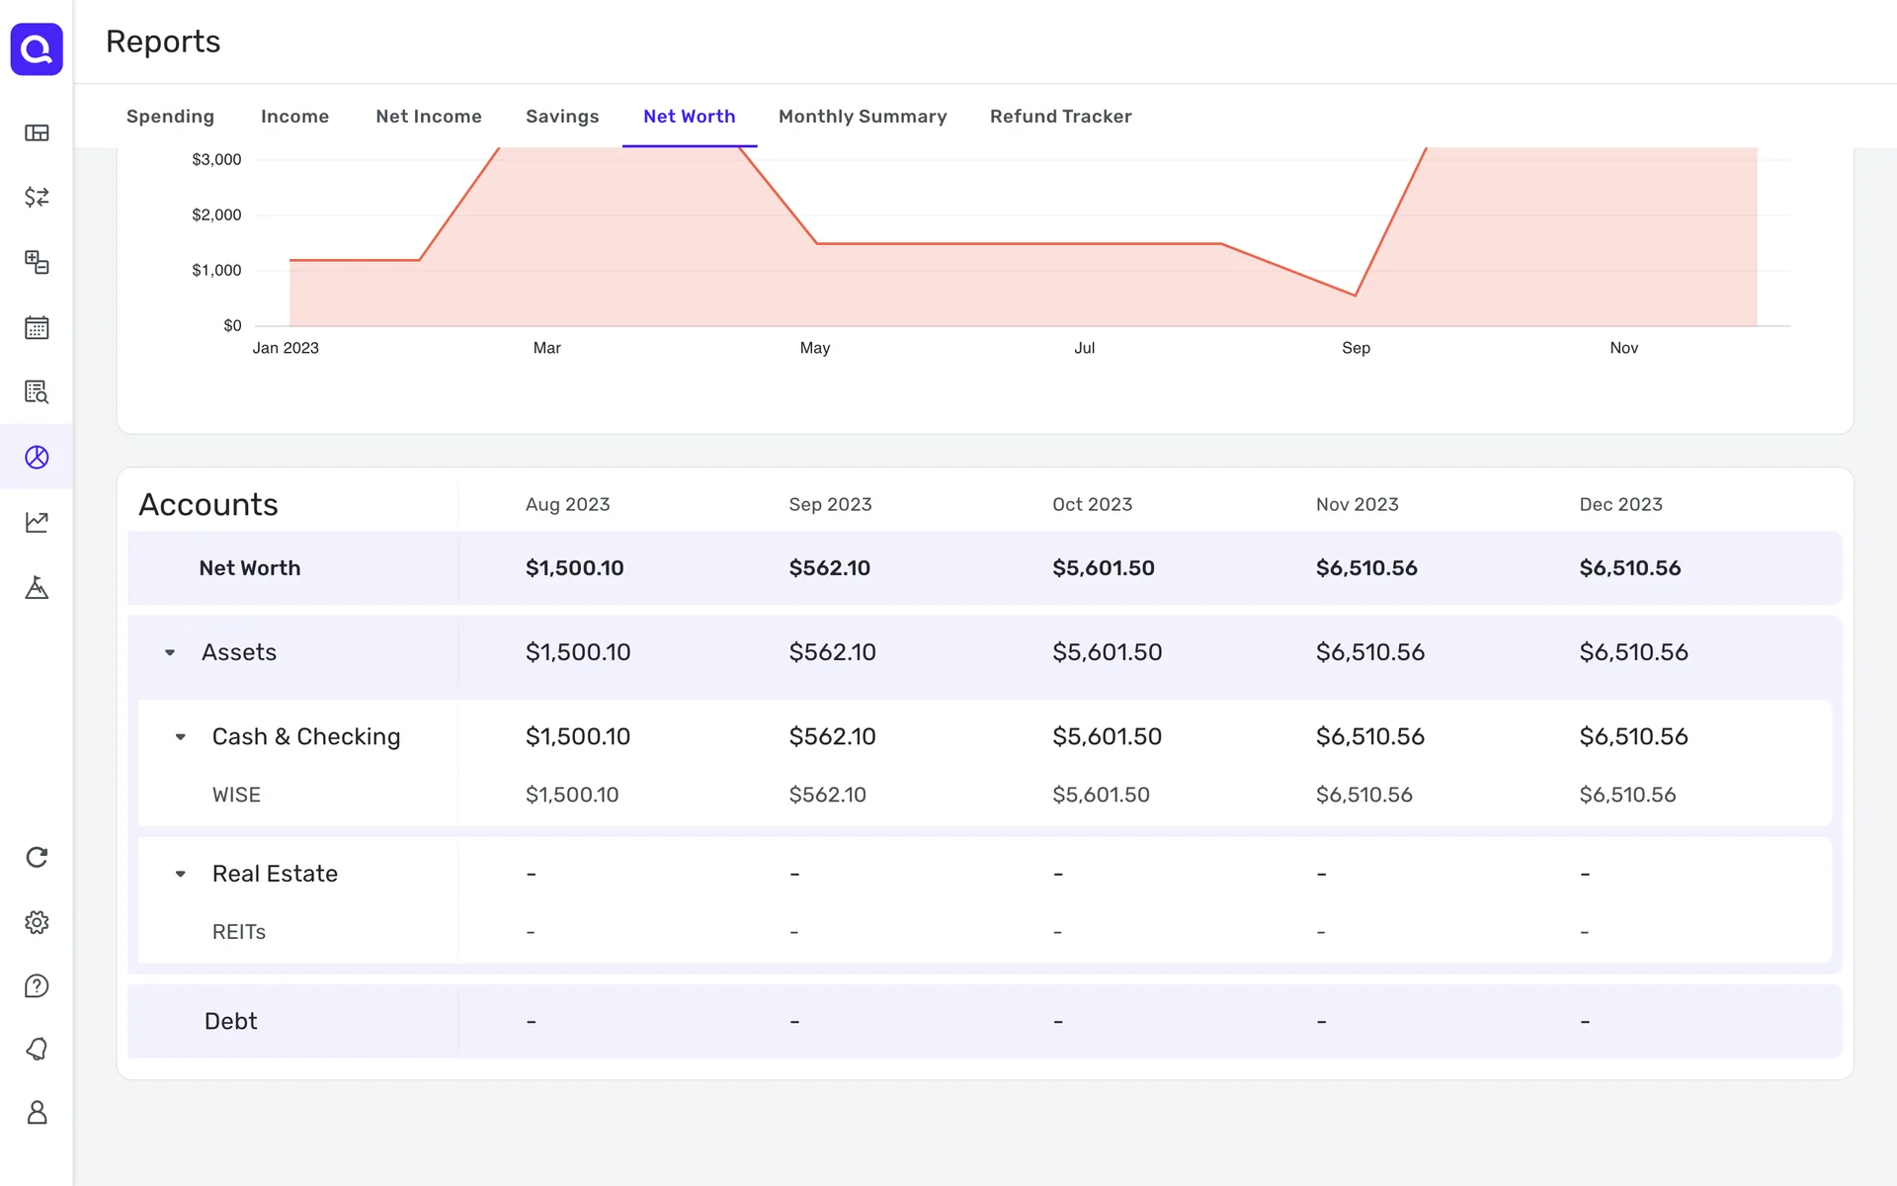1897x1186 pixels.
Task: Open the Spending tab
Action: coord(170,117)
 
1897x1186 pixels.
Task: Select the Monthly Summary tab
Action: coord(862,117)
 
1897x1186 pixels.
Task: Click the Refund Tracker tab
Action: coord(1060,117)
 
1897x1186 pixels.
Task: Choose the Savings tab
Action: coord(562,117)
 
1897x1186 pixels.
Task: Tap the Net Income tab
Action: coord(428,117)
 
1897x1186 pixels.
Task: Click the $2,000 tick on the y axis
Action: coord(216,215)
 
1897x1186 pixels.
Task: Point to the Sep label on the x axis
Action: coord(1356,348)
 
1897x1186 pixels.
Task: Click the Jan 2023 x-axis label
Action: coord(286,348)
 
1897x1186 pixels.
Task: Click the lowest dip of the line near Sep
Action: coord(1355,295)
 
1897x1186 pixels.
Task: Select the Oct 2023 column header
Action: coord(1092,504)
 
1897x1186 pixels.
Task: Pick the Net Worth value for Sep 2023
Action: coord(829,568)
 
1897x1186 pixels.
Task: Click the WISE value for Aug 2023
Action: coord(571,795)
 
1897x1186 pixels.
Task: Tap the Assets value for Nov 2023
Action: coord(1369,652)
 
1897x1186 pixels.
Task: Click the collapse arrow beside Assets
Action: coord(170,652)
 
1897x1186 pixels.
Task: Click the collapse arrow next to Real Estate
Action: coord(181,874)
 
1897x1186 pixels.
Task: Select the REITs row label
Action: coord(239,932)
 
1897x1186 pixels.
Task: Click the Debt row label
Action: coord(230,1021)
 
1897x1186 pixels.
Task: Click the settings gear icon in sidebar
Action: coord(37,922)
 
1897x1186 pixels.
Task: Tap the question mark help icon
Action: coord(37,986)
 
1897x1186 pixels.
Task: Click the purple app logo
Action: coord(37,48)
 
